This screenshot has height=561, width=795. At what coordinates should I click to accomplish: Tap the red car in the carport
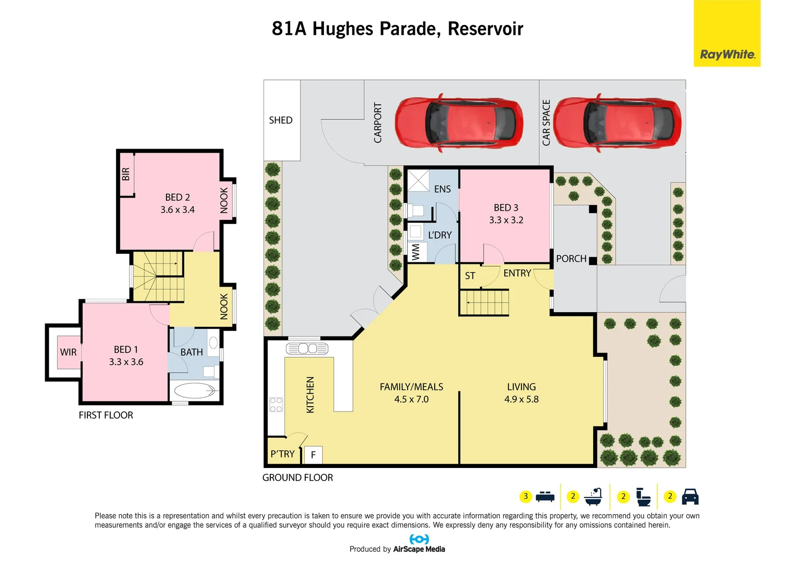point(459,123)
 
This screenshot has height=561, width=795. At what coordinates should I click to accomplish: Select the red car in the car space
point(617,123)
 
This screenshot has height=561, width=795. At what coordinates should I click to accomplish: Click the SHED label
point(280,121)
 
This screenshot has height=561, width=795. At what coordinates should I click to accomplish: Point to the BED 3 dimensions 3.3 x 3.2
point(506,220)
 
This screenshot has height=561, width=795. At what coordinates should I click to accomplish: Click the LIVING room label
point(521,387)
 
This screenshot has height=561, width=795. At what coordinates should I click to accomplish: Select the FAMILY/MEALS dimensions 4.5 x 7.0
point(411,399)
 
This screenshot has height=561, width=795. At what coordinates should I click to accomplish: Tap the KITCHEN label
point(310,395)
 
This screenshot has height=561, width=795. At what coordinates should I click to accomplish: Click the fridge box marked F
point(314,455)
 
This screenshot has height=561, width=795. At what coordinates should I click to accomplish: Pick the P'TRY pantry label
point(282,454)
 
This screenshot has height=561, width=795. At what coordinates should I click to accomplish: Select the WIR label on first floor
point(68,352)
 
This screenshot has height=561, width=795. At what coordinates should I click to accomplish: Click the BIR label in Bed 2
point(126,174)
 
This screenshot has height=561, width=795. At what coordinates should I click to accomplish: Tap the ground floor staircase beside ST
point(484,302)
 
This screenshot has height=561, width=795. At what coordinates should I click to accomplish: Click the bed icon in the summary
point(544,497)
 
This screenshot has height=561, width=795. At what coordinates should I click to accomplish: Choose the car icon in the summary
point(689,497)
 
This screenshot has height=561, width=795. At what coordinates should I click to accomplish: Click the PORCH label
point(571,259)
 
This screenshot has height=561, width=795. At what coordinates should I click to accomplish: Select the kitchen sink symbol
point(307,348)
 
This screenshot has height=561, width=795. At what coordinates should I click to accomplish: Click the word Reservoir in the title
point(485,29)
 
